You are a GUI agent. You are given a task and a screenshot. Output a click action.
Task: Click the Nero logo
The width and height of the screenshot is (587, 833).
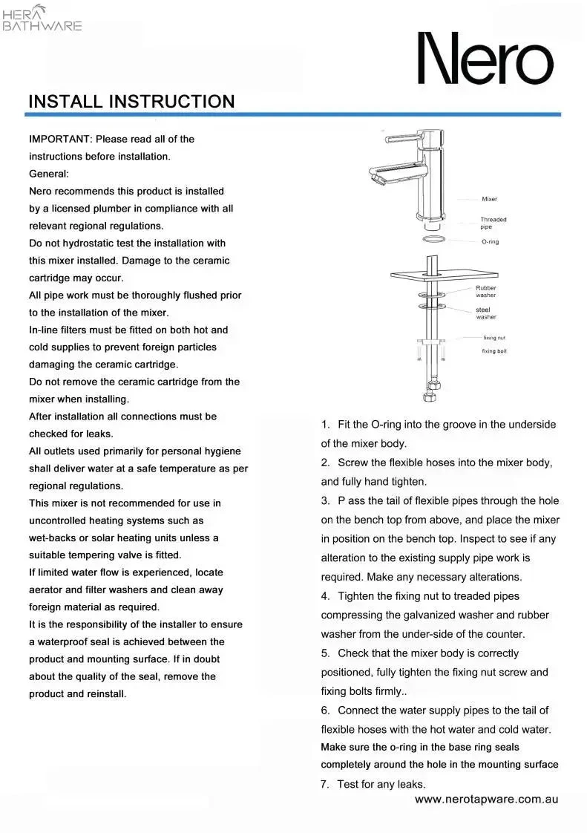click(x=486, y=58)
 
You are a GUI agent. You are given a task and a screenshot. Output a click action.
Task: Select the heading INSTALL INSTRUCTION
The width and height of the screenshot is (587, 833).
click(x=131, y=102)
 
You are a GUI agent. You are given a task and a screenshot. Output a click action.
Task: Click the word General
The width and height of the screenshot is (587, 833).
click(x=48, y=174)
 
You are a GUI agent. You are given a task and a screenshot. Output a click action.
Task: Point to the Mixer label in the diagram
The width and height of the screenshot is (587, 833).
click(x=489, y=199)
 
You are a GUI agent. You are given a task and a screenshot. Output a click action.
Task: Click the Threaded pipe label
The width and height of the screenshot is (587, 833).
click(x=493, y=223)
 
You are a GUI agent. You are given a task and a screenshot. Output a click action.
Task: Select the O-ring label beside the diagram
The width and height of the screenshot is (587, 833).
click(x=490, y=242)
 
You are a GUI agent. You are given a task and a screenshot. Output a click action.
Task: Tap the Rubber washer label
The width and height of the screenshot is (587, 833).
click(x=486, y=291)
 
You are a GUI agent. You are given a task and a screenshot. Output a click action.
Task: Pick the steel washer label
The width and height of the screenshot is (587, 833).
click(x=486, y=313)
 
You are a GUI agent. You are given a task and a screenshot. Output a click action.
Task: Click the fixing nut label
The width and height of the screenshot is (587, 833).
click(x=494, y=338)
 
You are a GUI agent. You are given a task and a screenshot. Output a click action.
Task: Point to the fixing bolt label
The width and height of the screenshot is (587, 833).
click(x=494, y=350)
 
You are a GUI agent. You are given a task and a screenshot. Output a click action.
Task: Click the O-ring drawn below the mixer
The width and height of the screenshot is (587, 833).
click(x=434, y=240)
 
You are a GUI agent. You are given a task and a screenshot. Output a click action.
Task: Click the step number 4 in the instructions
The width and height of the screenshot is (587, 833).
click(x=325, y=595)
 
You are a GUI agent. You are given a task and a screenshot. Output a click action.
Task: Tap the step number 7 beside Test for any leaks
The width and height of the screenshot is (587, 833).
click(x=324, y=784)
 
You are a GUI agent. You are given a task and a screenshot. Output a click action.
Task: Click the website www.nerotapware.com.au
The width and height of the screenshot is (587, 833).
click(x=486, y=800)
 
